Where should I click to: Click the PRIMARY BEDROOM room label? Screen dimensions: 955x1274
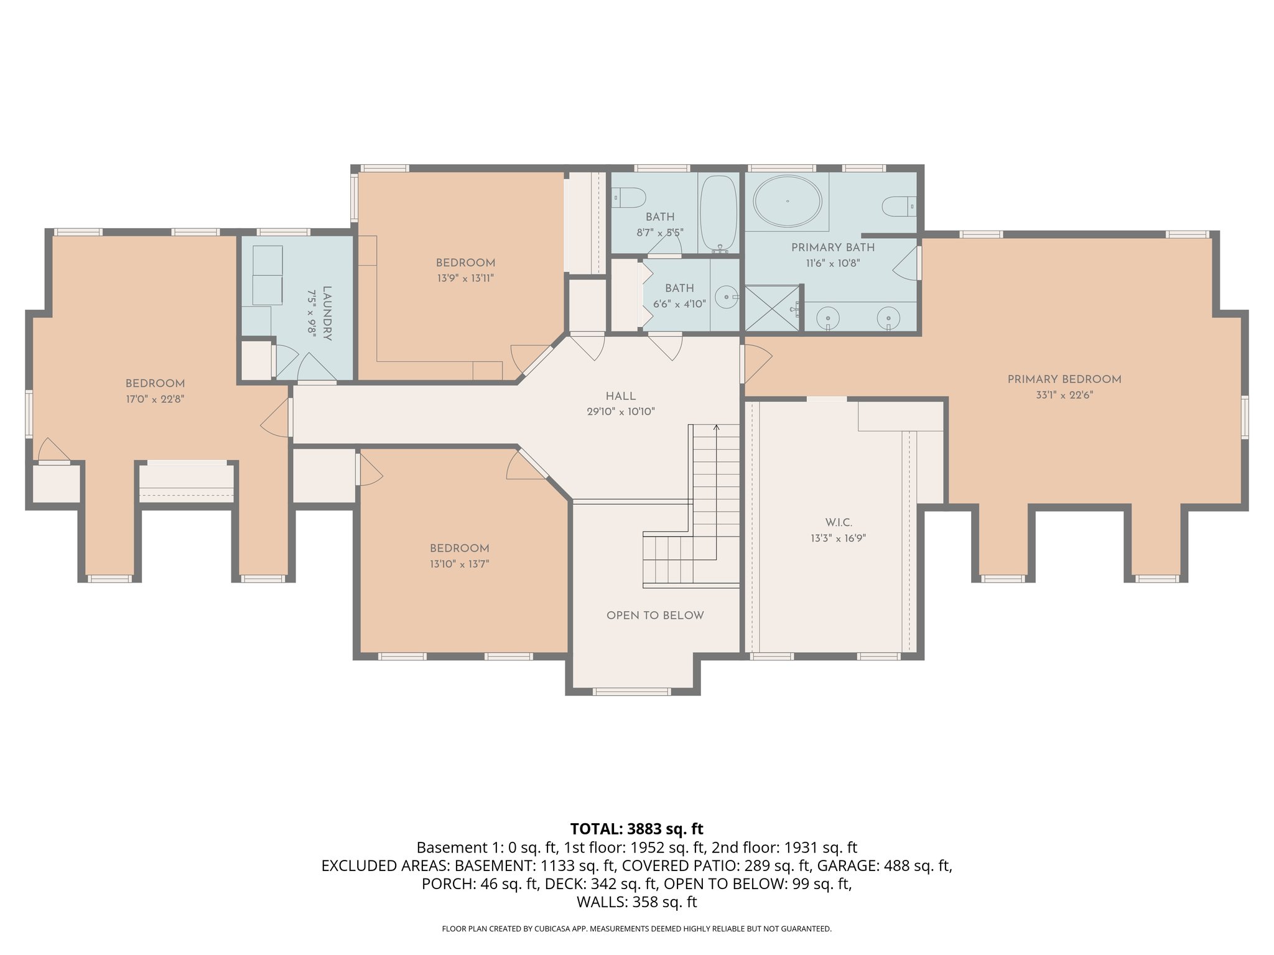coord(1064,379)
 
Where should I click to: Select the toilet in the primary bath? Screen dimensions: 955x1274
coord(898,206)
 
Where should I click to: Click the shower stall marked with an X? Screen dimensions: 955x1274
coord(771,308)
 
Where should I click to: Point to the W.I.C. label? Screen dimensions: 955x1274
coord(839,523)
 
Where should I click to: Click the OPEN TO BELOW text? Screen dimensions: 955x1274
coord(655,616)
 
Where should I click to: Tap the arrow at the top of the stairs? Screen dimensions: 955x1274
coord(716,428)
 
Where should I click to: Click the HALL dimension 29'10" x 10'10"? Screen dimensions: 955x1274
coord(620,412)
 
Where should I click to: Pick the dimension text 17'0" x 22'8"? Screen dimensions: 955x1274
coord(155,399)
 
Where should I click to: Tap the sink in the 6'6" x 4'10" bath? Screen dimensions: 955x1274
coord(725,297)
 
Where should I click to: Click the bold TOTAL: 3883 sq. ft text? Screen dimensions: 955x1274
coord(636,829)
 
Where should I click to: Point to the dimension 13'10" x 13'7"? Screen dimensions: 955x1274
coord(459,564)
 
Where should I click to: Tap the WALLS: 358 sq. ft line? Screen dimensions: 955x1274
coord(636,902)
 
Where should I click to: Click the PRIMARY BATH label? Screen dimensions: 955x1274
coord(832,247)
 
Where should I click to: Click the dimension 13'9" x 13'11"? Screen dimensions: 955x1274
coord(465,279)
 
